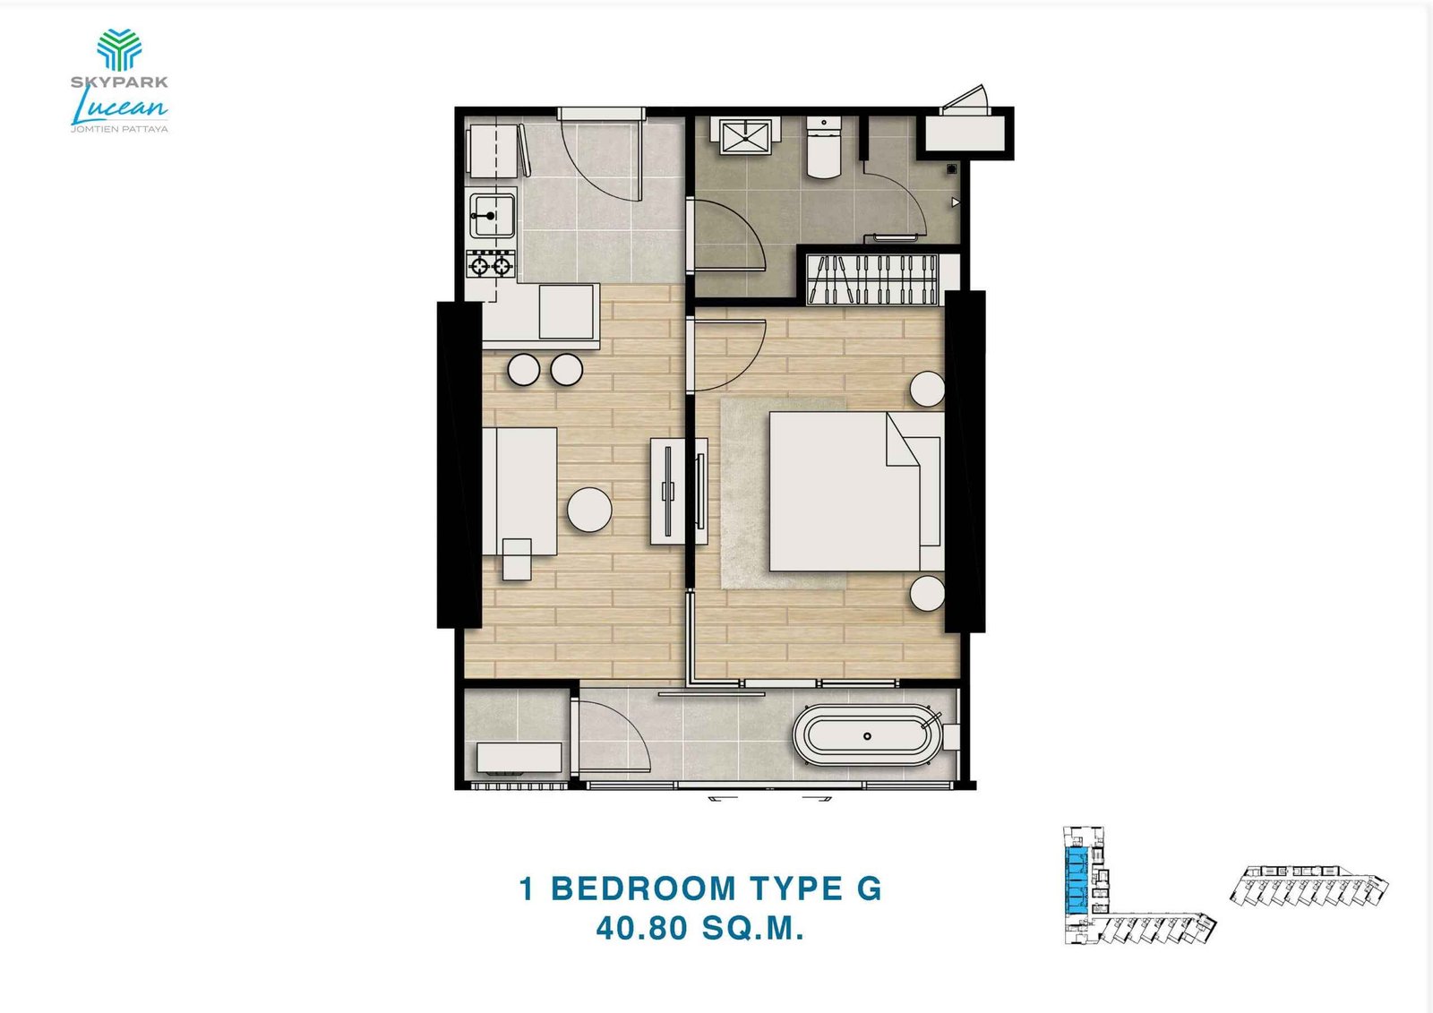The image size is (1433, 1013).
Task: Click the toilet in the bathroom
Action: [x=822, y=148]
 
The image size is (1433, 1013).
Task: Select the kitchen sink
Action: [x=492, y=215]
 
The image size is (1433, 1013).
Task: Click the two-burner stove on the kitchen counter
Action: [x=491, y=264]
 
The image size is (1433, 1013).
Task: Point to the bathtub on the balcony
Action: [x=868, y=736]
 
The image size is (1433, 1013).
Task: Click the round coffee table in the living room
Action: [x=589, y=510]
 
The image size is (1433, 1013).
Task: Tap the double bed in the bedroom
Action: [x=843, y=491]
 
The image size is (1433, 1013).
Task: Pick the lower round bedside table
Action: [x=927, y=594]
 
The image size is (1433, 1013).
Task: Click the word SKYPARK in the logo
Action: [x=119, y=82]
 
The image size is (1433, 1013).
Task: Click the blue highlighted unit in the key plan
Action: [x=1074, y=881]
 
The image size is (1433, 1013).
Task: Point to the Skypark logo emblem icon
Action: [x=119, y=49]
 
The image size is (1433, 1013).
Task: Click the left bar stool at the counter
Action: [x=522, y=369]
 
